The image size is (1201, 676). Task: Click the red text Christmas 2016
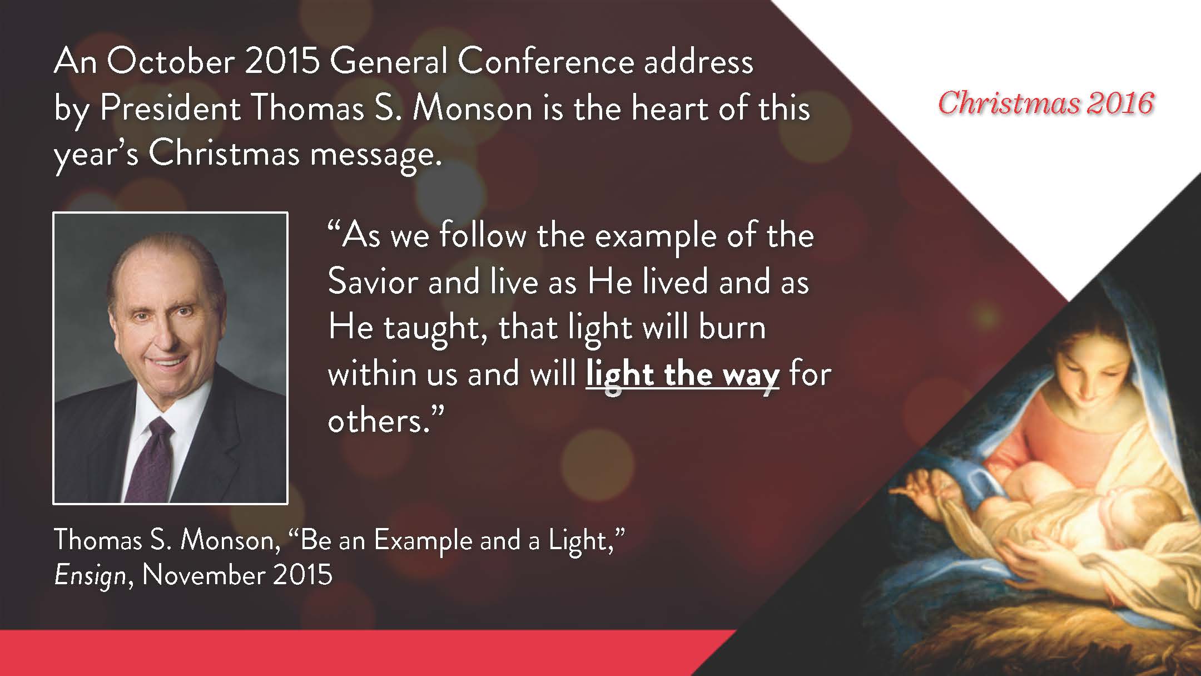click(1046, 103)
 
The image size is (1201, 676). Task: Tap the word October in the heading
click(170, 62)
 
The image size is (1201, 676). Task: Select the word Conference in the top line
click(546, 62)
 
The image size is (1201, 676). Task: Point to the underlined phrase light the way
click(683, 374)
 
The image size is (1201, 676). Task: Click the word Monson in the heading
click(473, 108)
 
